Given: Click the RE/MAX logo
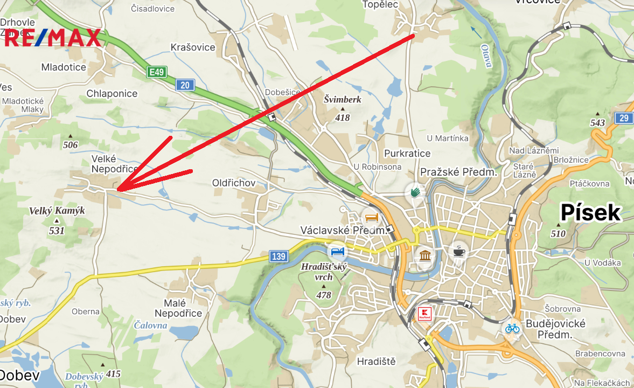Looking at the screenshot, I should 53,38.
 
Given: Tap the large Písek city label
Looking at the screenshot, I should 591,213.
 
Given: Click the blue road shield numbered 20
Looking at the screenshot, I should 185,85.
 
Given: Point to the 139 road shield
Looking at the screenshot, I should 278,257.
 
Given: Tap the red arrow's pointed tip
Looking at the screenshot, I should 118,190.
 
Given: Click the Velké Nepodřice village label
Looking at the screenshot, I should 112,163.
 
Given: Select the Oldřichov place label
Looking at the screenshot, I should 234,183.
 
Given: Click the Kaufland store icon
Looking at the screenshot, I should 425,314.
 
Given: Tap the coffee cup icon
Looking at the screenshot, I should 458,250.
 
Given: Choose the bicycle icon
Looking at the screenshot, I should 512,328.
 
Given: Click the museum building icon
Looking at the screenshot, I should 425,255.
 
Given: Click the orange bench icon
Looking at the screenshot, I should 371,218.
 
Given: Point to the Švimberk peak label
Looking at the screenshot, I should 343,99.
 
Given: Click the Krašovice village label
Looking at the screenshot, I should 193,47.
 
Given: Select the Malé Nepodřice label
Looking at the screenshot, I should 178,308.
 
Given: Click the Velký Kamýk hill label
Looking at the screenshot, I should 57,211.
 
